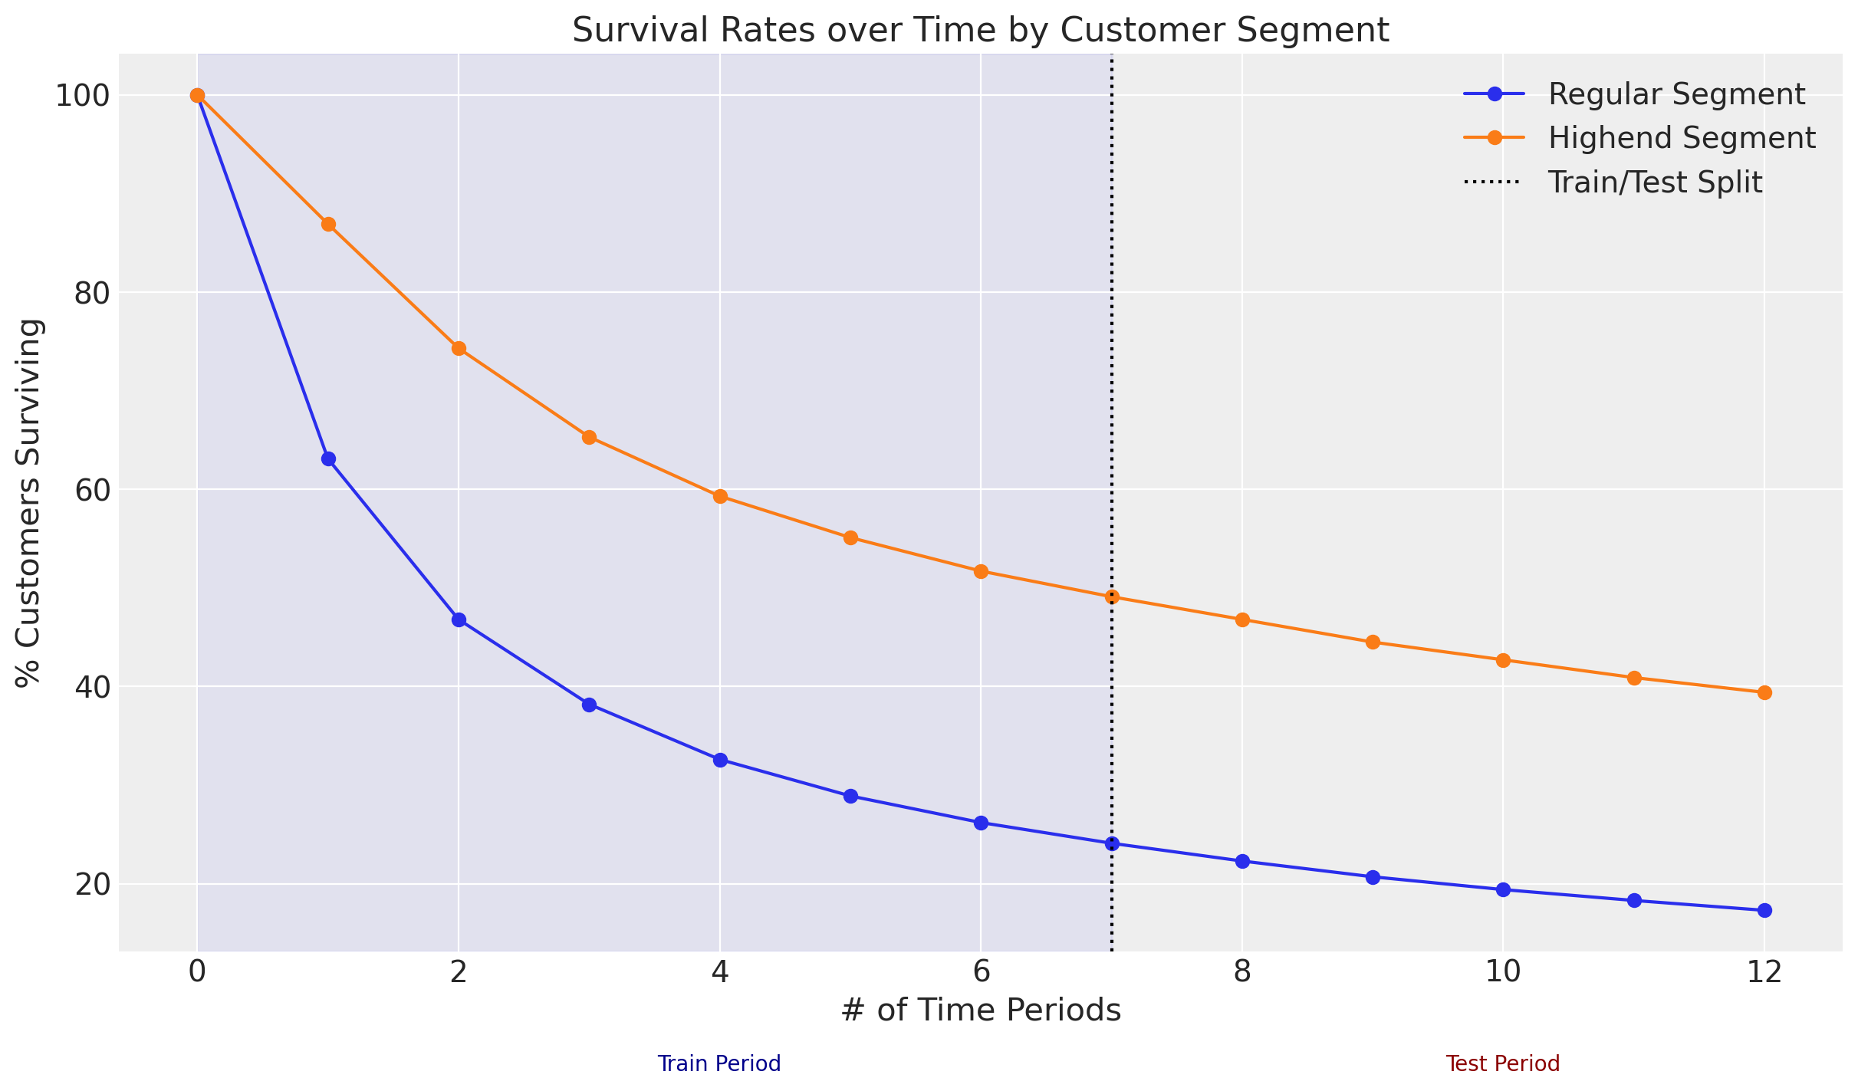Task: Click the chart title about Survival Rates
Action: tap(980, 31)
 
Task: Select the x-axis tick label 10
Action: tap(1503, 972)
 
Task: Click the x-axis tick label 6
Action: tap(981, 972)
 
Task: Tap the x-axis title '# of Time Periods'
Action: tap(980, 1010)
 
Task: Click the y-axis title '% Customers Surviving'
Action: tap(29, 503)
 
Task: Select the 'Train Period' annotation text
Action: tap(719, 1064)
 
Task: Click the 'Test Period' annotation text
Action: tap(1502, 1064)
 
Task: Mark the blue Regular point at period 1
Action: tap(328, 459)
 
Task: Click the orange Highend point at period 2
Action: tap(459, 349)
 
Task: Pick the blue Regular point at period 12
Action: tap(1764, 910)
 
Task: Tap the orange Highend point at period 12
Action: tap(1764, 693)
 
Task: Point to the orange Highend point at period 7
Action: tap(1112, 597)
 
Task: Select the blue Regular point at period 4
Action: tap(720, 761)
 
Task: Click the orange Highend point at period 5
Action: tap(850, 538)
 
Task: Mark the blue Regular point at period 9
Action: tap(1373, 877)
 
